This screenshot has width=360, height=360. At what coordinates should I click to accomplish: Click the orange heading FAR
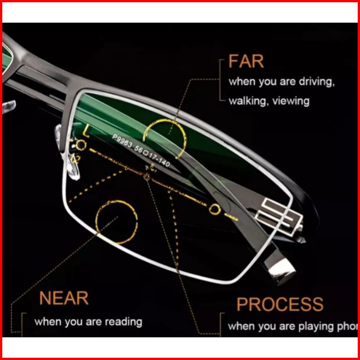click(246, 62)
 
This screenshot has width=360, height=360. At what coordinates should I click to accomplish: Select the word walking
click(246, 101)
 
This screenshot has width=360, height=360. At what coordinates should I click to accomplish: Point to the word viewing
click(292, 101)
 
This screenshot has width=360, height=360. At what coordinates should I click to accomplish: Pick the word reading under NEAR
click(124, 321)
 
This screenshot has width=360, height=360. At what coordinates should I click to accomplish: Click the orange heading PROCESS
click(280, 305)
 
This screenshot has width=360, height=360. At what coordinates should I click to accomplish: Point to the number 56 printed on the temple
click(140, 150)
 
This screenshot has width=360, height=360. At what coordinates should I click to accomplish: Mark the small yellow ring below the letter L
click(80, 145)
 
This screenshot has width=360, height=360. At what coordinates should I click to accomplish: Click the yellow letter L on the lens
click(86, 132)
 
